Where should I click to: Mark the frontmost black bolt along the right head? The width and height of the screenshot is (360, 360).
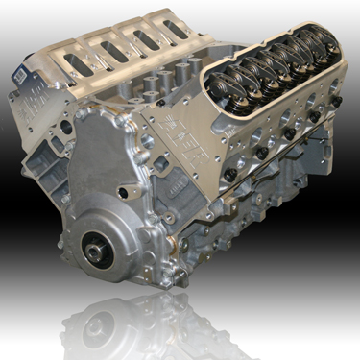[x=230, y=174]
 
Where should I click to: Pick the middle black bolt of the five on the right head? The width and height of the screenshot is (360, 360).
[x=287, y=133]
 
